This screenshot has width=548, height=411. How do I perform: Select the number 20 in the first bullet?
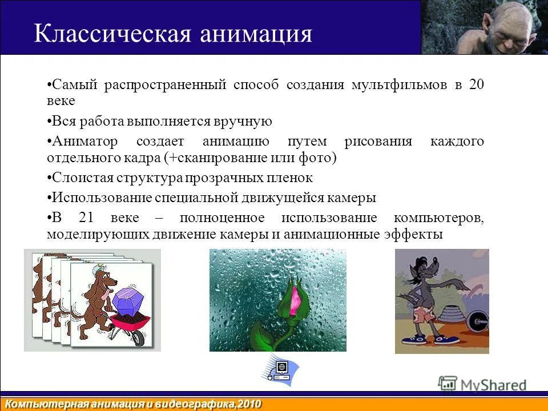476,85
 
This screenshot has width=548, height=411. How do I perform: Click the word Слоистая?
76,178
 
